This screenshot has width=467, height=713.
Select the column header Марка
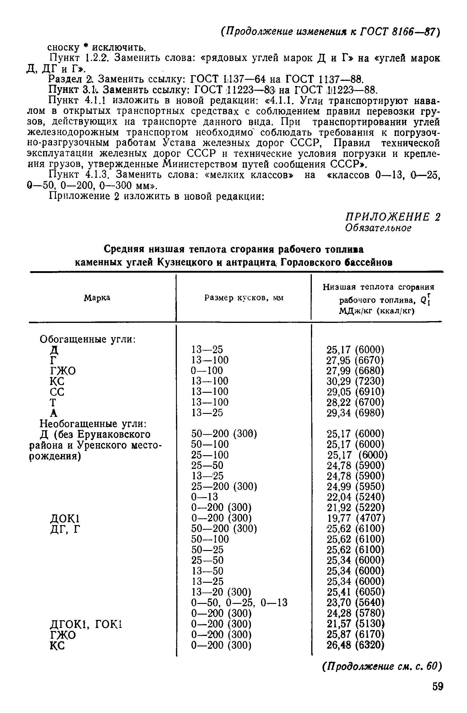[97, 298]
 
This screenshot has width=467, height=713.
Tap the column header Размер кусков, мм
[244, 298]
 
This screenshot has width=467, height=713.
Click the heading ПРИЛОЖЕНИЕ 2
[393, 216]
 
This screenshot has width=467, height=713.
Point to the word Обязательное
[378, 228]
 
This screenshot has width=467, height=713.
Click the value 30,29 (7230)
[355, 381]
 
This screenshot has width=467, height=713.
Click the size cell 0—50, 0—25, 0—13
[239, 602]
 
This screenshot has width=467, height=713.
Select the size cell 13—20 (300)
[221, 592]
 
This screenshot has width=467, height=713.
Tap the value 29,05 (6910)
[355, 392]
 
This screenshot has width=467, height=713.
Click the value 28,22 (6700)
[355, 402]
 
